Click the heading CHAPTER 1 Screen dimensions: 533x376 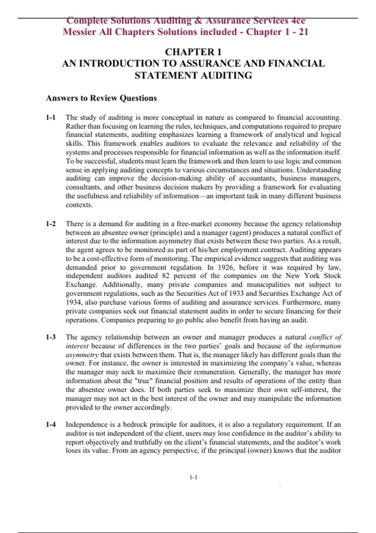coord(193,52)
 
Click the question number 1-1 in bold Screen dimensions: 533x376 coord(51,118)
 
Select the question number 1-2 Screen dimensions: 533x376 coord(51,224)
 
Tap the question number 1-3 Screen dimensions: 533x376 coord(51,337)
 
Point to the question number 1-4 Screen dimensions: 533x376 coord(51,425)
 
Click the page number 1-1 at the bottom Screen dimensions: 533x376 coord(193,478)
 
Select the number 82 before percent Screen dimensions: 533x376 coord(166,276)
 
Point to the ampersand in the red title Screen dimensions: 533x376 coord(198,21)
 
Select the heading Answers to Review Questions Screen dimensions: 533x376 coord(101,98)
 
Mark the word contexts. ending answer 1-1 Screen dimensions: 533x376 coord(79,205)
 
